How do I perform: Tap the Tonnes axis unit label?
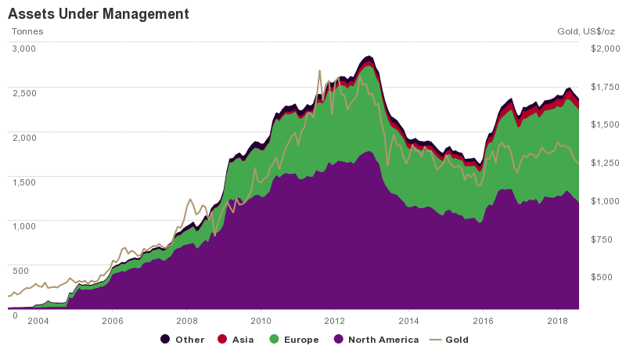point(27,31)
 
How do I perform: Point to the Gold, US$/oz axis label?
point(587,31)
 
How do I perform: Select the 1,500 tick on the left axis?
point(24,182)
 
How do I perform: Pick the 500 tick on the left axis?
point(20,270)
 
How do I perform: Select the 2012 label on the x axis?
point(335,321)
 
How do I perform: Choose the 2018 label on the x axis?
point(557,321)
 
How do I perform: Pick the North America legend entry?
point(374,340)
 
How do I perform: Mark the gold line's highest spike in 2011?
point(319,71)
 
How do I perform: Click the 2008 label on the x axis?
point(186,321)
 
